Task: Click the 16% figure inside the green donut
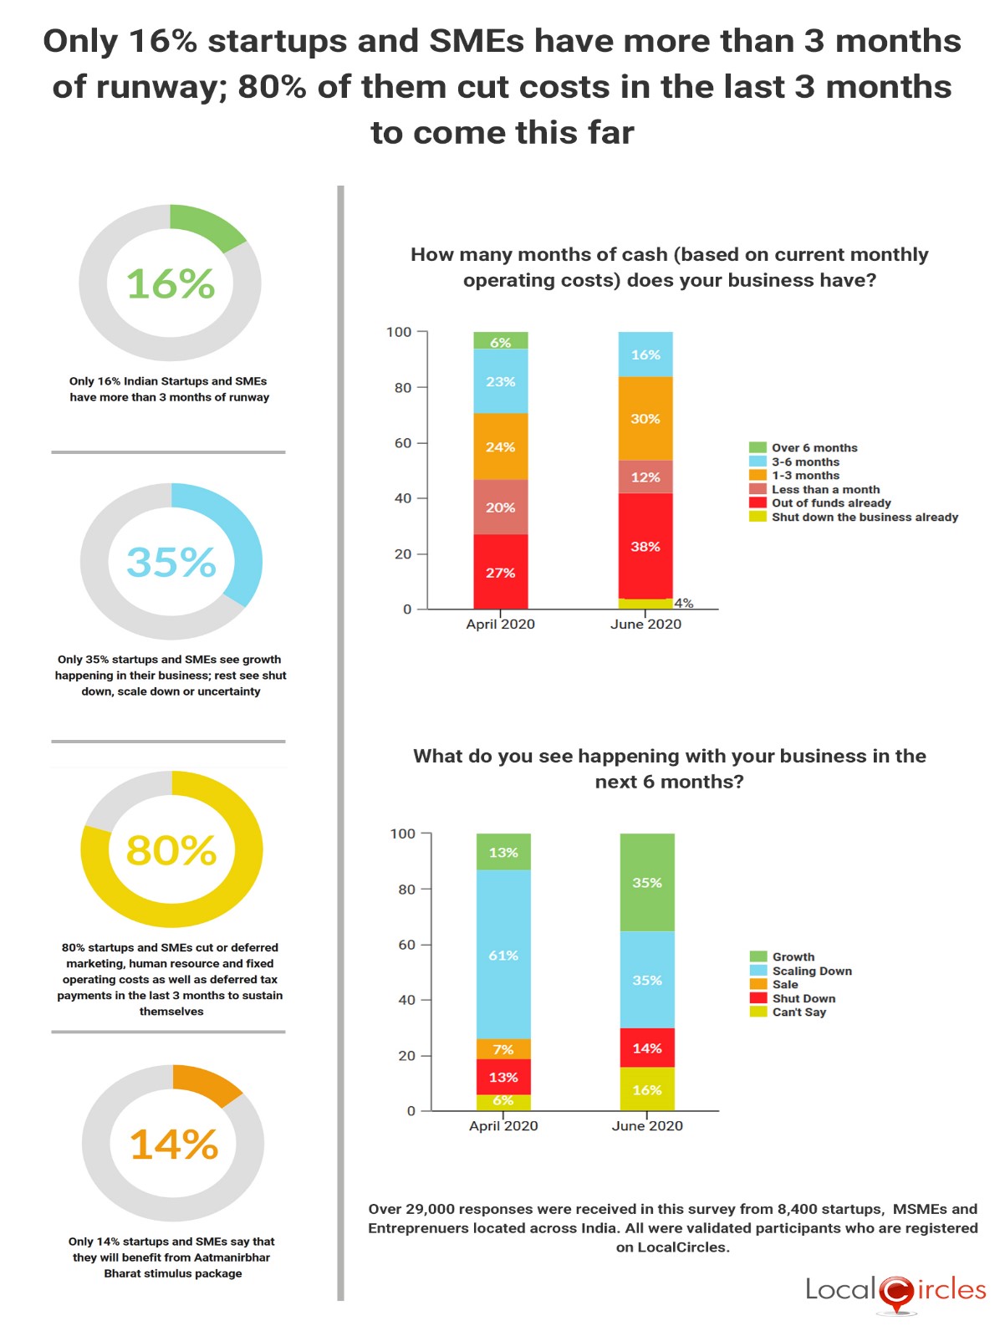click(x=171, y=284)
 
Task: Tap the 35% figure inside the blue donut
click(x=171, y=563)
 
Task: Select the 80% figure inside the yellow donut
click(x=171, y=851)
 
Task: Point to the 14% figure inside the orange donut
click(x=174, y=1145)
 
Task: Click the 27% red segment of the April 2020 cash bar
click(x=500, y=573)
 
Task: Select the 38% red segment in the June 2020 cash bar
click(x=645, y=546)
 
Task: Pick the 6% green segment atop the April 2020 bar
click(x=500, y=342)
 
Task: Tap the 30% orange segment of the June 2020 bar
click(x=645, y=419)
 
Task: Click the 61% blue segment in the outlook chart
click(x=503, y=955)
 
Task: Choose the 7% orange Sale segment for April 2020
click(x=503, y=1049)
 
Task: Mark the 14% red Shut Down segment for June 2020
click(x=646, y=1048)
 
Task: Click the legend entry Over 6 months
click(x=814, y=448)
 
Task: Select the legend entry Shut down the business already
click(x=864, y=518)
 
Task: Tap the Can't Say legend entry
click(x=798, y=1012)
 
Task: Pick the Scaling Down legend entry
click(x=811, y=971)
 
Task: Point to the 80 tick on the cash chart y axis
click(x=403, y=388)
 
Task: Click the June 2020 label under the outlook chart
click(x=646, y=1126)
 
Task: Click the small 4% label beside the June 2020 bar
click(x=684, y=603)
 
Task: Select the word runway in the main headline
click(x=169, y=87)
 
